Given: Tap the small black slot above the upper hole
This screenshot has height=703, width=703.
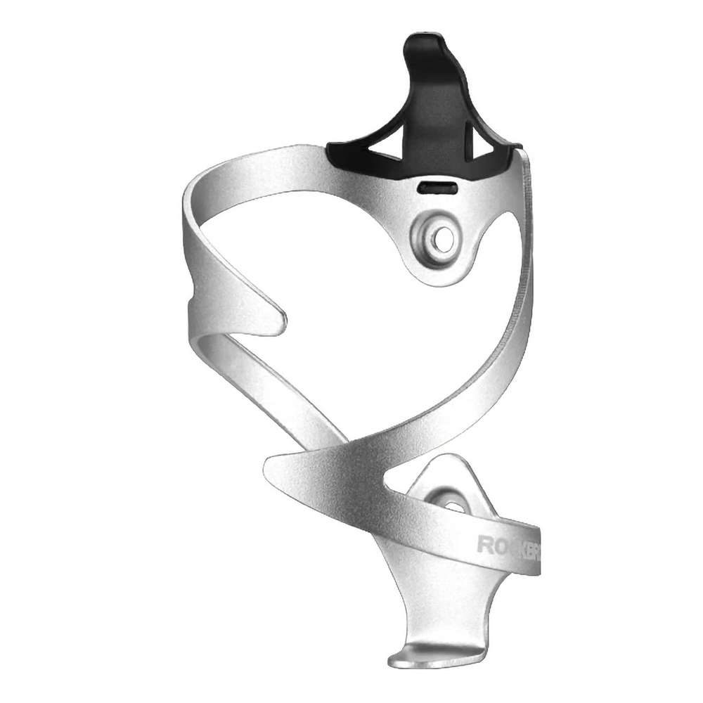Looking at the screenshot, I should [437, 188].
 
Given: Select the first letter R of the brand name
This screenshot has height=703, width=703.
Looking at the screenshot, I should [484, 543].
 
